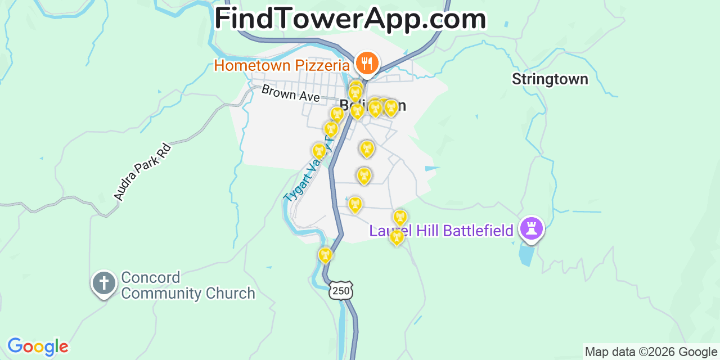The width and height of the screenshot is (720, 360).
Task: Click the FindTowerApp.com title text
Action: pyautogui.click(x=350, y=19)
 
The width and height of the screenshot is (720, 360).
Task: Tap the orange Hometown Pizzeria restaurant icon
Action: pyautogui.click(x=367, y=62)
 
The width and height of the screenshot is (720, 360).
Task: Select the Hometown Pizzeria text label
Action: pyautogui.click(x=282, y=66)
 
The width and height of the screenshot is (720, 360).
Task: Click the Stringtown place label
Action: pyautogui.click(x=550, y=79)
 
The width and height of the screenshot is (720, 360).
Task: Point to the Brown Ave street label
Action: pyautogui.click(x=290, y=93)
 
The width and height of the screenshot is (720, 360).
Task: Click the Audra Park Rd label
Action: pyautogui.click(x=142, y=172)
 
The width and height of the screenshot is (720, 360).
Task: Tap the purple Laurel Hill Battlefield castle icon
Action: pyautogui.click(x=531, y=228)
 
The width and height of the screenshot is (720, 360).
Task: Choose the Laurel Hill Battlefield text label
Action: pyautogui.click(x=441, y=231)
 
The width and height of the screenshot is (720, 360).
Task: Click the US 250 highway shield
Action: pyautogui.click(x=341, y=290)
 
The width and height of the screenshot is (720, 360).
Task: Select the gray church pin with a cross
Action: pyautogui.click(x=104, y=282)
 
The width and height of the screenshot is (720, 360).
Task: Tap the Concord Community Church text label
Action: pyautogui.click(x=188, y=286)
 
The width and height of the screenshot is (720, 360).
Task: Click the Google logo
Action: pyautogui.click(x=38, y=346)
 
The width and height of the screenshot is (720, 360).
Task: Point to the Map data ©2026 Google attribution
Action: pyautogui.click(x=651, y=352)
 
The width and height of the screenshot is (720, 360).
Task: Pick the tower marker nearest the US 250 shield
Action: pyautogui.click(x=325, y=255)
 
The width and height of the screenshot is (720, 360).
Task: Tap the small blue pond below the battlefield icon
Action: pyautogui.click(x=526, y=255)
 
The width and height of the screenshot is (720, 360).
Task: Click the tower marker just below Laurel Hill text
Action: pyautogui.click(x=397, y=237)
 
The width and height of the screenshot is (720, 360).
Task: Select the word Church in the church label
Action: pyautogui.click(x=232, y=294)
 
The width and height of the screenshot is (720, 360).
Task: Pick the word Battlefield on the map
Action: pyautogui.click(x=478, y=231)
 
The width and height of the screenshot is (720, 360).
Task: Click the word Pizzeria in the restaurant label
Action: pyautogui.click(x=322, y=66)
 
